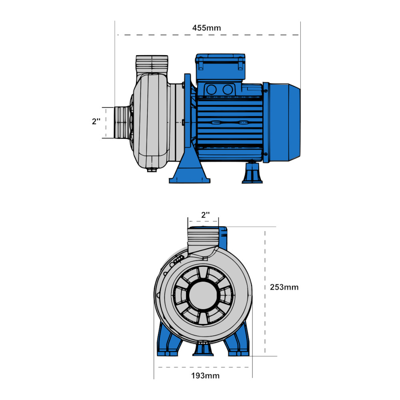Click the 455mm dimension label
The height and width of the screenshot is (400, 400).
point(206,28)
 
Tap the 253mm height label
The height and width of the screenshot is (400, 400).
point(284,287)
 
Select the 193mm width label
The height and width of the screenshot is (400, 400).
point(205,376)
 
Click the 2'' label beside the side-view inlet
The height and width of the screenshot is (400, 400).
point(96,122)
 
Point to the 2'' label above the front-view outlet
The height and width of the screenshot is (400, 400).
point(206,215)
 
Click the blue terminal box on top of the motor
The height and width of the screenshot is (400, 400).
point(220,67)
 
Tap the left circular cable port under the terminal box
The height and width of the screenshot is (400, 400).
point(212,90)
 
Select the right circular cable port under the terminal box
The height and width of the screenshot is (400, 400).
point(228,90)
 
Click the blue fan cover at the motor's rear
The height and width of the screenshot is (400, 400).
point(282,122)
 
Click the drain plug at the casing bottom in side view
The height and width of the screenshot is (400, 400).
point(152,170)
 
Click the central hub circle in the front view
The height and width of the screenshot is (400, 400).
point(203,296)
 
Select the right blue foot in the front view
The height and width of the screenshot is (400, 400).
point(237,340)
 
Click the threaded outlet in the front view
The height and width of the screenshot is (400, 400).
point(203,237)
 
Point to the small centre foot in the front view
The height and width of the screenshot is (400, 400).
point(203,349)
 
